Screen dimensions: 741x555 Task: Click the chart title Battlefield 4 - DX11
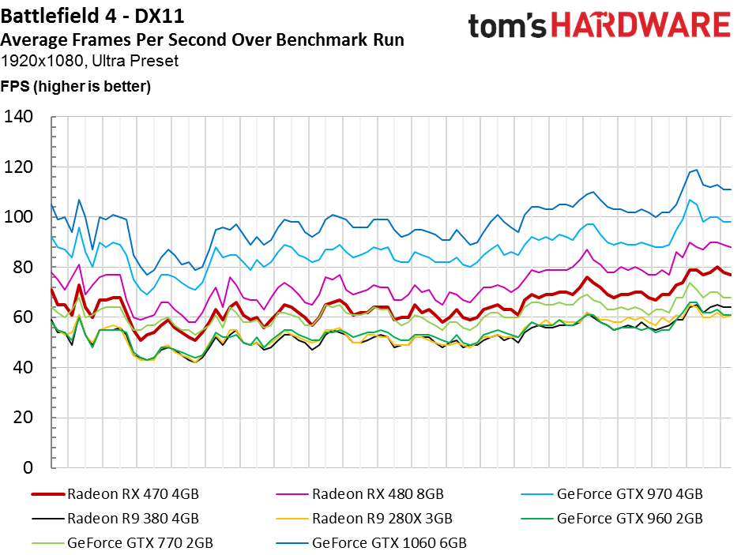point(92,17)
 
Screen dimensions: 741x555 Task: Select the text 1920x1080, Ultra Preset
point(89,61)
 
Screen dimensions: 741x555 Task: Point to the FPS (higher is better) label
point(76,86)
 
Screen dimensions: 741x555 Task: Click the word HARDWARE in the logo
point(641,25)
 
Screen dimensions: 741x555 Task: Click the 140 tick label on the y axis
point(18,116)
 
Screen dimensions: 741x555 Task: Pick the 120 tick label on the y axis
point(18,167)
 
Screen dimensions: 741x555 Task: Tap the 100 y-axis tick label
point(18,217)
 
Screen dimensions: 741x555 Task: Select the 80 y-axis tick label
point(23,267)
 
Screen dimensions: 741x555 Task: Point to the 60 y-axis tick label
point(23,317)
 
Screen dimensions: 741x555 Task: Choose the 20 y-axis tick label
point(23,417)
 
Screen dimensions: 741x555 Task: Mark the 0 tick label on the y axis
point(28,467)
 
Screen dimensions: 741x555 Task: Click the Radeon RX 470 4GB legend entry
point(115,494)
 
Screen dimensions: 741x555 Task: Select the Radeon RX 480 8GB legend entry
point(360,494)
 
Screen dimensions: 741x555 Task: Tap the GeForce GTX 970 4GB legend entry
point(612,494)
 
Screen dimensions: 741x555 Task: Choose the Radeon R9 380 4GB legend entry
point(115,519)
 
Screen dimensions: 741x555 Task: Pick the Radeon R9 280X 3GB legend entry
point(364,519)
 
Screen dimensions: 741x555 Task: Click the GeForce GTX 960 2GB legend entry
point(612,519)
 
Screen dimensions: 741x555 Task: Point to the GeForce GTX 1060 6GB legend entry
point(371,543)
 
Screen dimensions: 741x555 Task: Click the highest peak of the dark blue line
point(696,170)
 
